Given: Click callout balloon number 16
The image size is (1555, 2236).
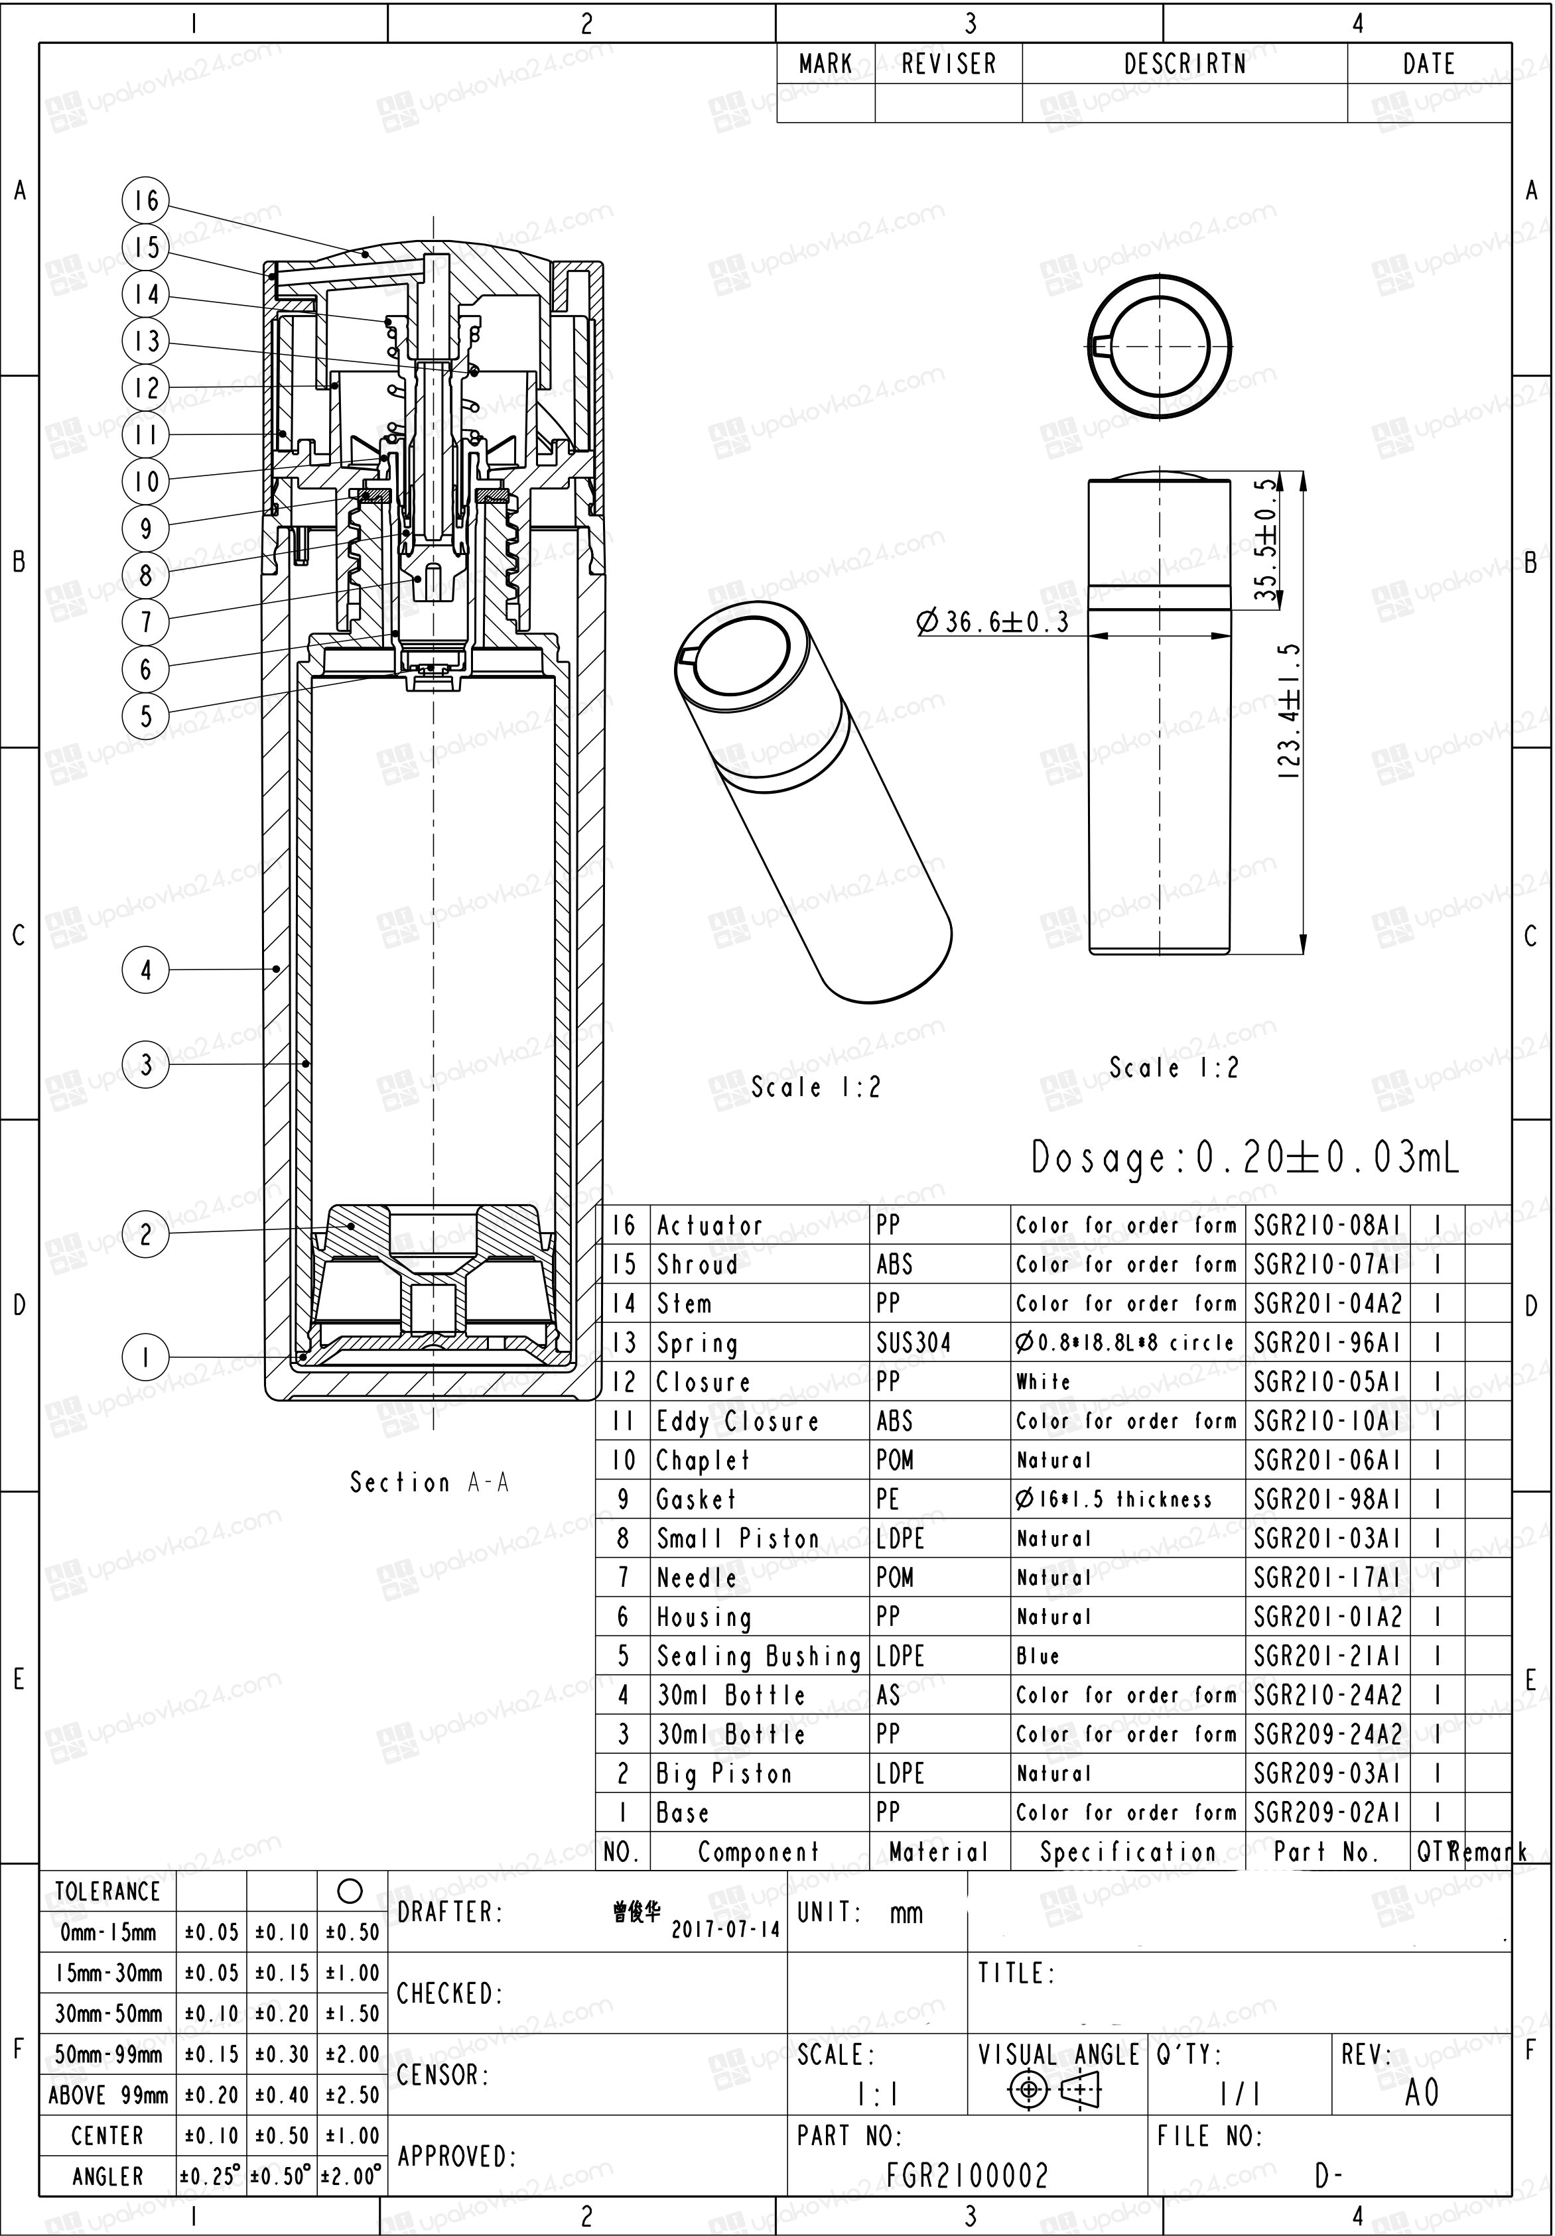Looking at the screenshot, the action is click(x=146, y=201).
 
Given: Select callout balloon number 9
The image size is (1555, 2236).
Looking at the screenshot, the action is click(x=146, y=528).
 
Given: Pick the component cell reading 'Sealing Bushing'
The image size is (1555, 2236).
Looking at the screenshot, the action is click(x=759, y=1656).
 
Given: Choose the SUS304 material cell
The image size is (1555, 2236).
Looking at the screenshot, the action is click(x=913, y=1343).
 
